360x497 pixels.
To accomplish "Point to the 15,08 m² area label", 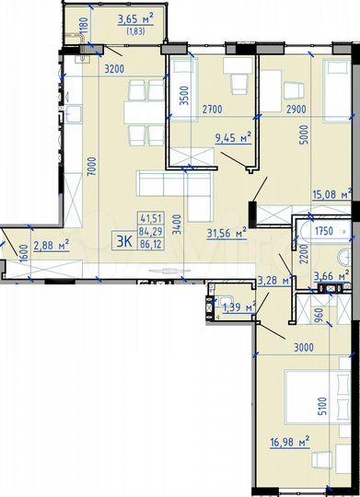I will pyautogui.click(x=333, y=193).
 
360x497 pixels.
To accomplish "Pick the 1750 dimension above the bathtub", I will pyautogui.click(x=322, y=231).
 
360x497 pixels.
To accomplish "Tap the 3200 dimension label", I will pyautogui.click(x=113, y=67).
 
